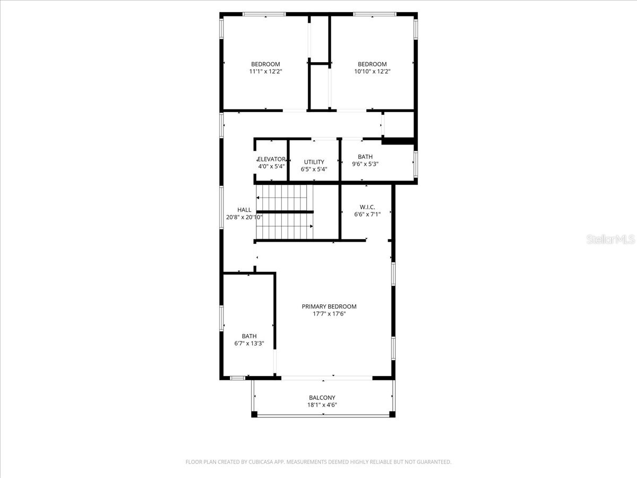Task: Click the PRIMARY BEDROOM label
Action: (x=329, y=306)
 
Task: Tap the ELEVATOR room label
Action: (x=271, y=159)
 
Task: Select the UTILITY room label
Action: (x=314, y=162)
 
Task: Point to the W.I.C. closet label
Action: (x=367, y=207)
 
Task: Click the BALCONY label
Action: (x=322, y=397)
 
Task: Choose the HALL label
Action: (x=244, y=210)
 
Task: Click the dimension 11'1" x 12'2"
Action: (x=265, y=71)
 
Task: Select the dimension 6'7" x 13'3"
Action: (x=249, y=343)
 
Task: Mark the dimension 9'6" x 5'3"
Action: (x=365, y=164)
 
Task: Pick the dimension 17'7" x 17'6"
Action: (x=329, y=314)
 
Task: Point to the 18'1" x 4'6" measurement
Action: (x=322, y=405)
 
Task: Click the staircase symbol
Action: (x=285, y=212)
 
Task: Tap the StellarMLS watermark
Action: (x=610, y=240)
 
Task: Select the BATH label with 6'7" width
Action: (x=249, y=336)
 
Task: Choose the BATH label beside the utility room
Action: (x=365, y=157)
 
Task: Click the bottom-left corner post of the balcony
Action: (x=254, y=414)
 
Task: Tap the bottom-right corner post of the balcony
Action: (x=392, y=414)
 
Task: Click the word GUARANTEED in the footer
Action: (x=431, y=462)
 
